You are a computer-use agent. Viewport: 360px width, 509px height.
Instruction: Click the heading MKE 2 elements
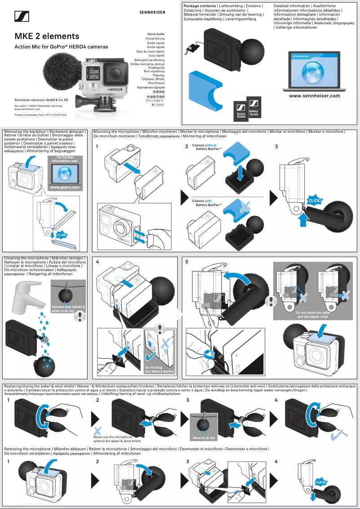pyautogui.click(x=47, y=36)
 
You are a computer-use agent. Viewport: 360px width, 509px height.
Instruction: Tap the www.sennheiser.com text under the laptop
pyautogui.click(x=314, y=96)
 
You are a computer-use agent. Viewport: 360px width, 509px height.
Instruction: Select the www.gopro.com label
pyautogui.click(x=65, y=187)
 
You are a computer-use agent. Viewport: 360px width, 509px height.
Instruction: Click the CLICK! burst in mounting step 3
pyautogui.click(x=314, y=200)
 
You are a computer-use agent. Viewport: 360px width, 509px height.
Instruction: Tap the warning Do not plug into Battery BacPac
pyautogui.click(x=159, y=369)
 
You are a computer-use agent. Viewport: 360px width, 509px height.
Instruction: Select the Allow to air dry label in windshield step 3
pyautogui.click(x=204, y=438)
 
